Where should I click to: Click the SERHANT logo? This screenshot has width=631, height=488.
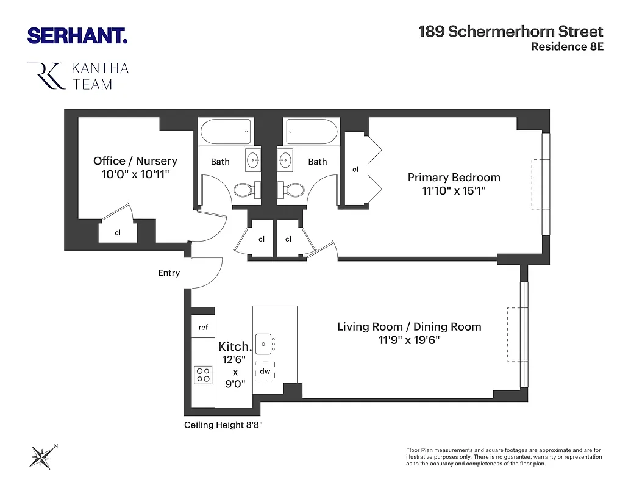point(77,35)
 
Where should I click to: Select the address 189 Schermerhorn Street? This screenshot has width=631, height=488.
point(510,32)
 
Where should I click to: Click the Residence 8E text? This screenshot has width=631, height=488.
point(567,47)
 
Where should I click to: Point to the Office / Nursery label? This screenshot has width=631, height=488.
point(135,161)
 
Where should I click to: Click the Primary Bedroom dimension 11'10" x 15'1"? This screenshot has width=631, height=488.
point(454,191)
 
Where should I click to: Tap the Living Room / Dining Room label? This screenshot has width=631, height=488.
point(409,327)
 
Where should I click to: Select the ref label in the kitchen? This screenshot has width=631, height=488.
point(203,328)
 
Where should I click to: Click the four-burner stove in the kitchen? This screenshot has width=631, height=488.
point(202,375)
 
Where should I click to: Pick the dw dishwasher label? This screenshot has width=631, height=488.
point(265,371)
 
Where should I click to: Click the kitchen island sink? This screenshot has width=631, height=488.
point(263,344)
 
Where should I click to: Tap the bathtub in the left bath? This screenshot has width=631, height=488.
point(225,131)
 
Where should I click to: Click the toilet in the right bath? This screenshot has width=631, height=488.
point(296,190)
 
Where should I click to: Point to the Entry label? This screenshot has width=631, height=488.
point(169,273)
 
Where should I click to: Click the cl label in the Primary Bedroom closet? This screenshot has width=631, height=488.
point(355,169)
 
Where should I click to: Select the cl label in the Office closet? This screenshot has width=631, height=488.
point(118,232)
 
